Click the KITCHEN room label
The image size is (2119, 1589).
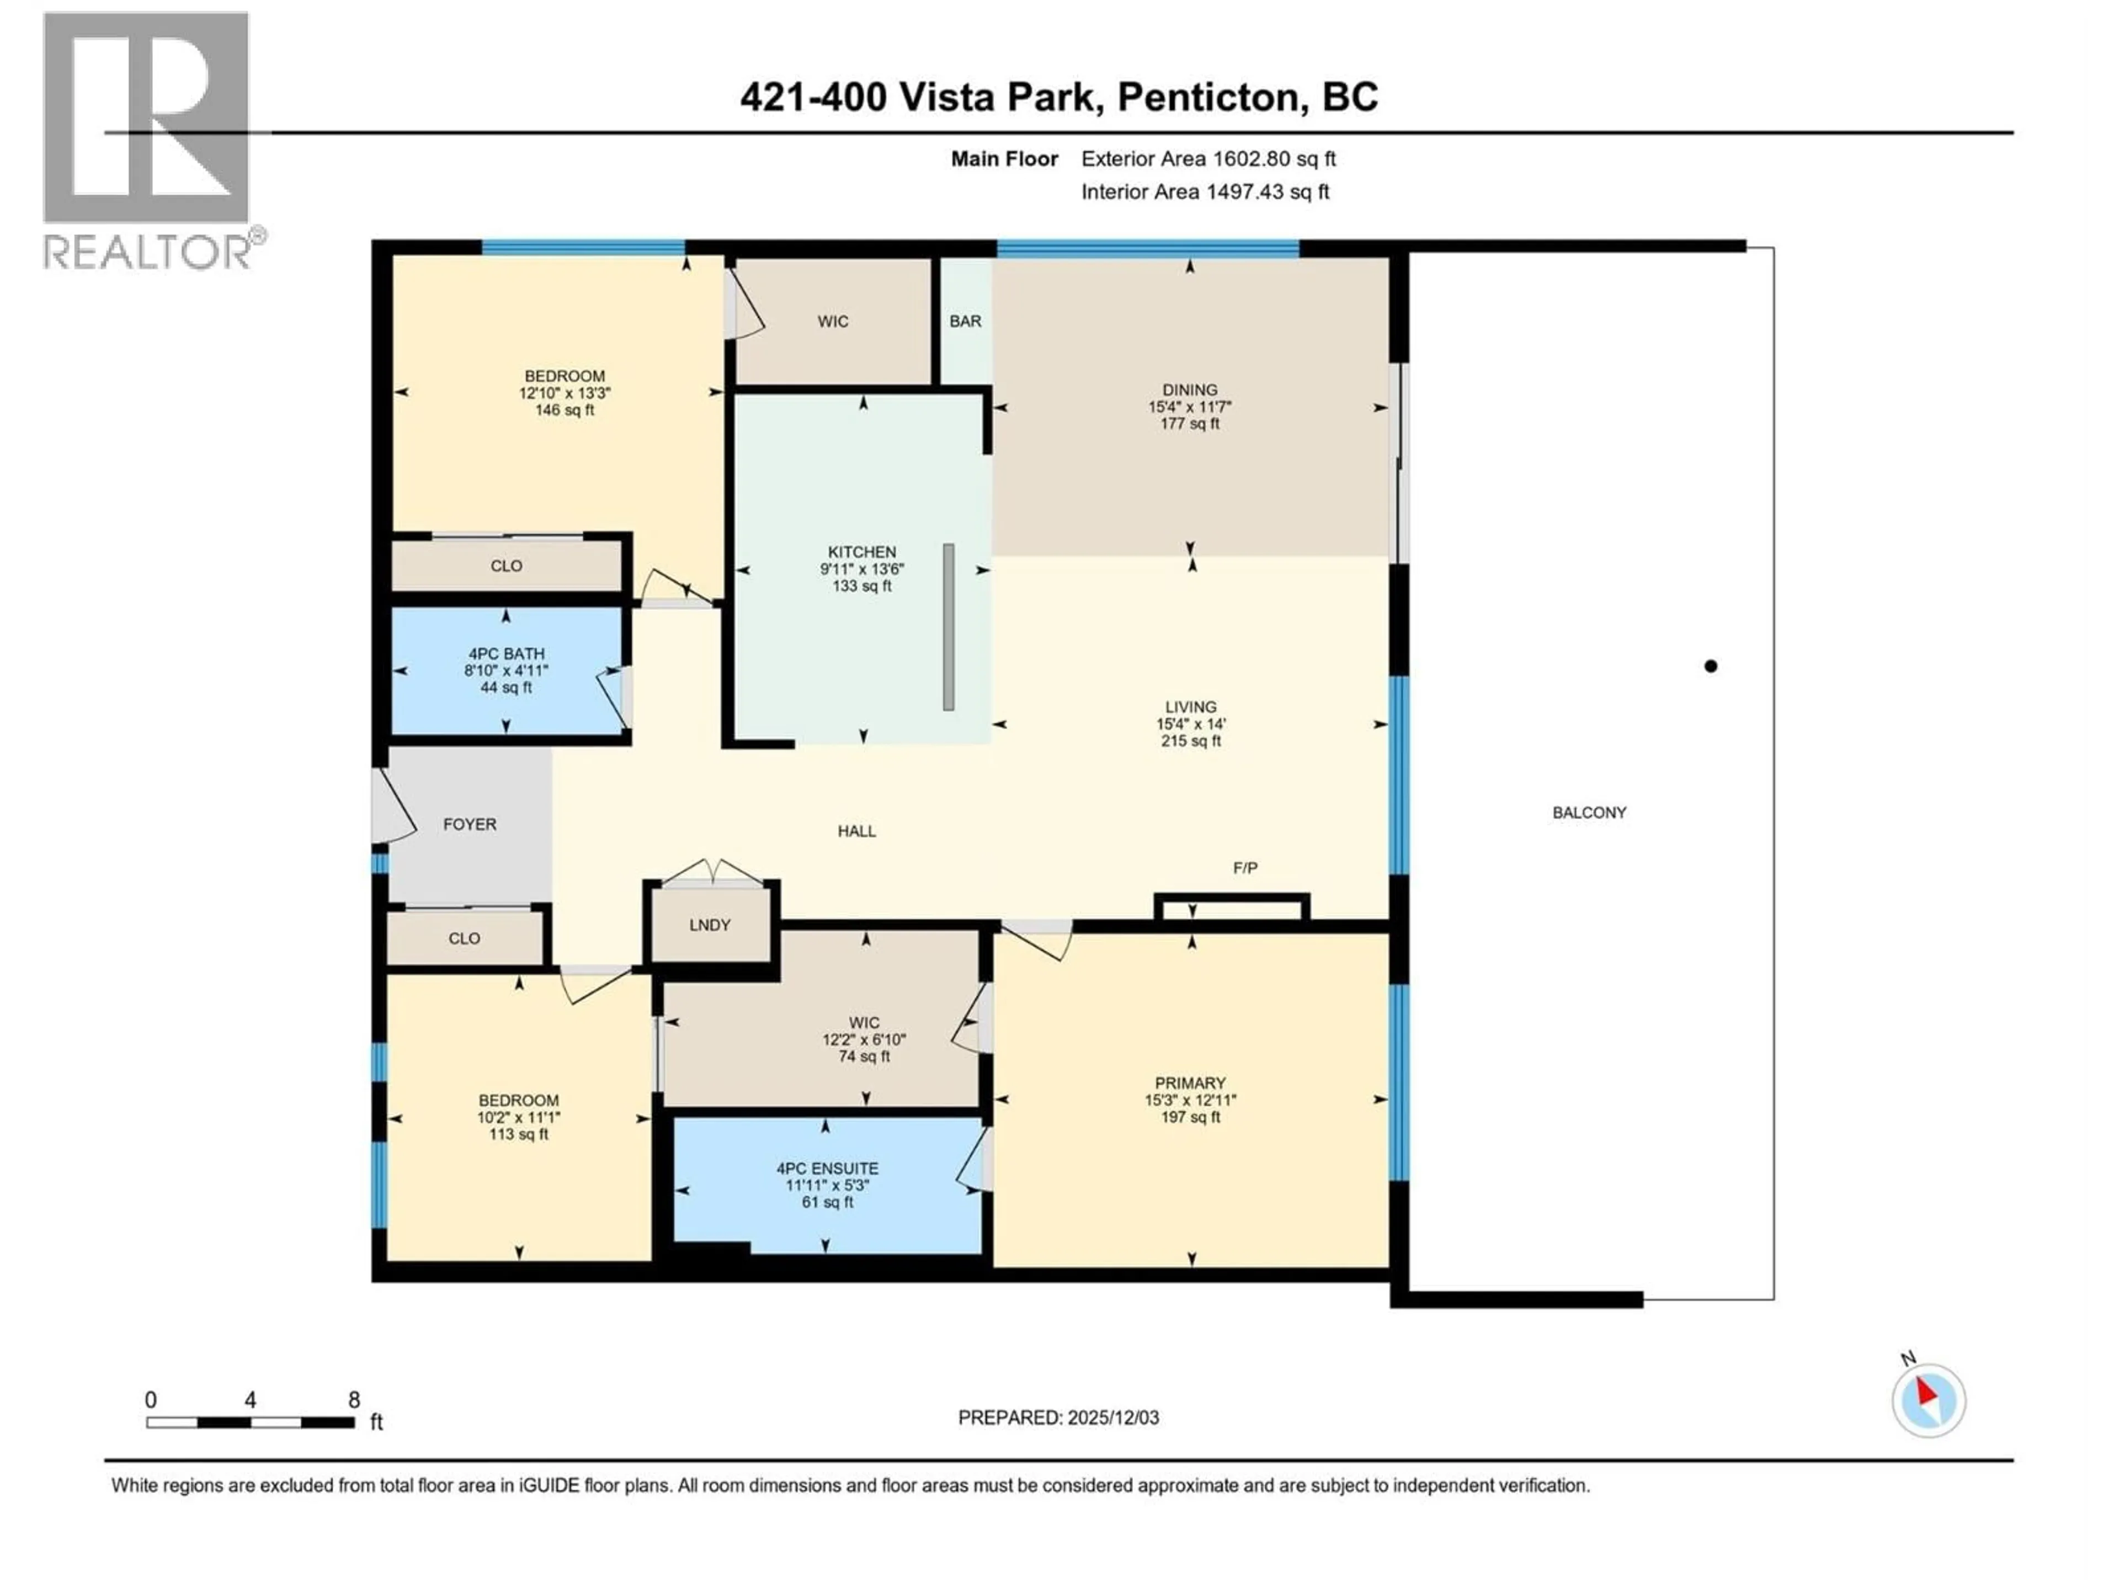point(861,552)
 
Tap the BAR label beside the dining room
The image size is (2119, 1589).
point(965,321)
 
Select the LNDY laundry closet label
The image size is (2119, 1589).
point(709,925)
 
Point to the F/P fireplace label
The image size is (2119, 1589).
point(1244,868)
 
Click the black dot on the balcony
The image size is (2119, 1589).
point(1710,666)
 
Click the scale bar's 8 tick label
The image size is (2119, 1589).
point(354,1399)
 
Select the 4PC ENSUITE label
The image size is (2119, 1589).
point(827,1169)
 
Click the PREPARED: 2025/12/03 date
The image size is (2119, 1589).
point(1058,1417)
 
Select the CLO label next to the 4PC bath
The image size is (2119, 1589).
point(506,566)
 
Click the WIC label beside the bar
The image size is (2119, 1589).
point(833,322)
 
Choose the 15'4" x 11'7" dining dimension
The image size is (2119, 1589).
point(1190,406)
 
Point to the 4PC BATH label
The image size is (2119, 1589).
point(506,653)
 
